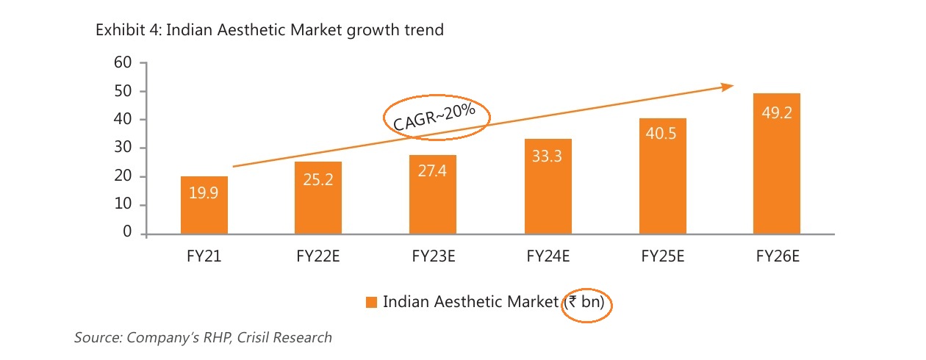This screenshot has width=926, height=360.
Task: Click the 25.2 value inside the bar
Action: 317,179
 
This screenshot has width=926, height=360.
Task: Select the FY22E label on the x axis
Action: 317,256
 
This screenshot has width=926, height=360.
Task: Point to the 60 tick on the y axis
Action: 122,63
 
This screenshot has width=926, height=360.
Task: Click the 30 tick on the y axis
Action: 122,148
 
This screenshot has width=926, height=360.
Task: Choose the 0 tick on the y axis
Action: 126,233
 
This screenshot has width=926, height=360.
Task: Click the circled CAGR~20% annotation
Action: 436,116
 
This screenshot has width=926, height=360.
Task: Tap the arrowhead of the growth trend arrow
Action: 728,87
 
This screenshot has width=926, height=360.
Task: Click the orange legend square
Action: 371,302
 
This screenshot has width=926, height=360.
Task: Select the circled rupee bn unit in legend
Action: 586,302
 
